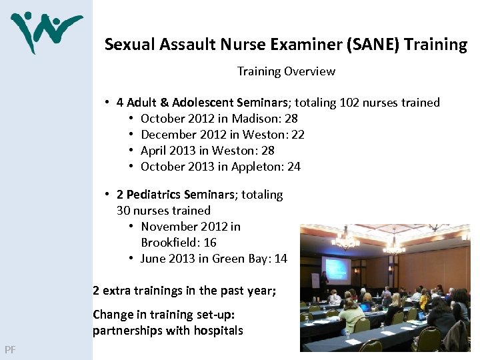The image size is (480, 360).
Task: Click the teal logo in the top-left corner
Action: point(46,31)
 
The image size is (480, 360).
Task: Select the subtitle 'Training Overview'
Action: point(286,71)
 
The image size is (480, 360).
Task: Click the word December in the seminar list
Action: point(169,135)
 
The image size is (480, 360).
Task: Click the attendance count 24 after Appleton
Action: point(293,167)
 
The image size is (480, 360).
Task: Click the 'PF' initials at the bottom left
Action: point(10,349)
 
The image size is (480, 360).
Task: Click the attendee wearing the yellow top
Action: point(424,301)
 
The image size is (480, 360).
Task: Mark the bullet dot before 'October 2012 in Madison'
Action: point(131,119)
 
